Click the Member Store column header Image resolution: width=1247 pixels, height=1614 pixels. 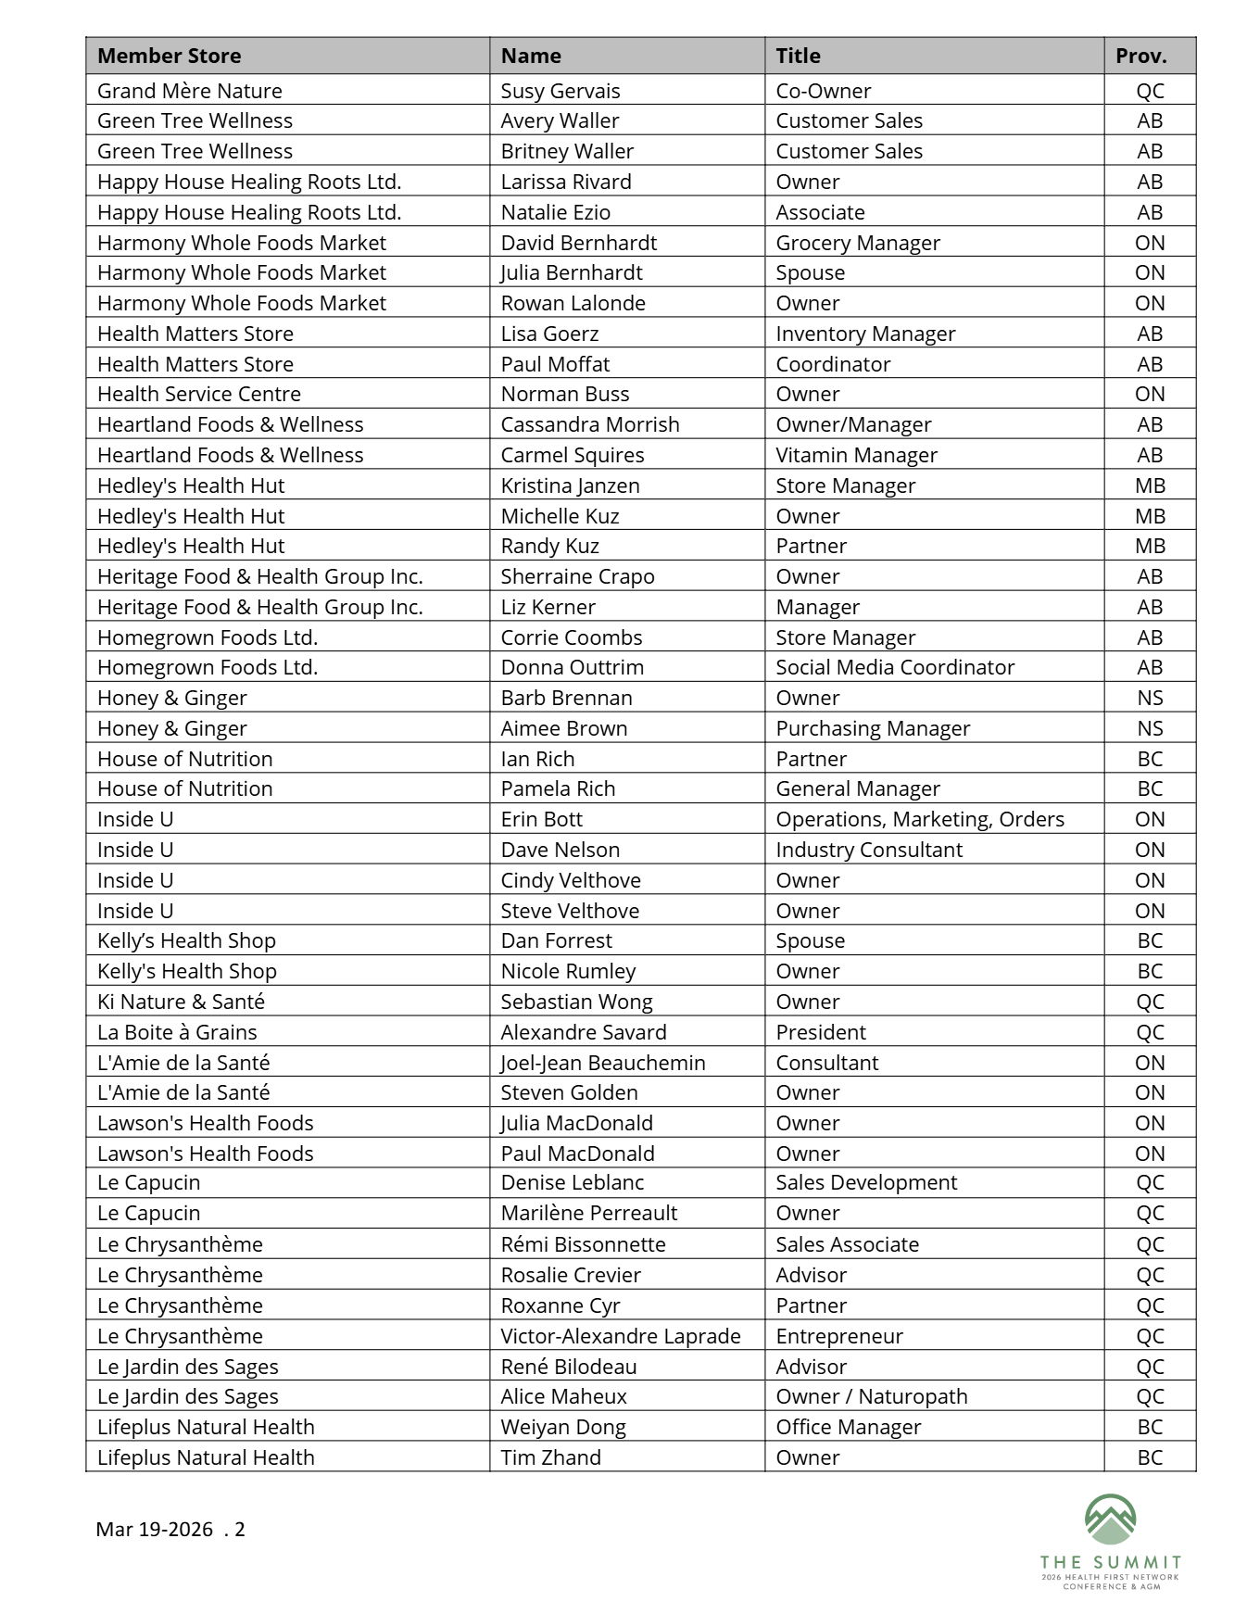click(x=170, y=56)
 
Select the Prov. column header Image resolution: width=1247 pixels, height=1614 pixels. click(x=1140, y=56)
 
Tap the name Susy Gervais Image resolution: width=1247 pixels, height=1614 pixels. click(x=560, y=91)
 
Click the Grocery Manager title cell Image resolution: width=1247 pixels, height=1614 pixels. click(x=857, y=243)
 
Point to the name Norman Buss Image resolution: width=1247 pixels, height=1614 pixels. click(x=564, y=394)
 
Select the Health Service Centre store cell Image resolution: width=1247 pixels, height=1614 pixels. click(x=199, y=394)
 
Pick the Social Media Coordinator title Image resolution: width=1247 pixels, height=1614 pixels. click(x=894, y=667)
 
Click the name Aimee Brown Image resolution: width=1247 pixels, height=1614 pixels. click(x=563, y=728)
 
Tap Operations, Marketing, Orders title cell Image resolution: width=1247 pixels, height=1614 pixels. click(x=919, y=819)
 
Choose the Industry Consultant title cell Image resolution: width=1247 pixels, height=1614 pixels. click(x=868, y=850)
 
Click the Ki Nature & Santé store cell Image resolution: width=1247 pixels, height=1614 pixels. click(x=181, y=1002)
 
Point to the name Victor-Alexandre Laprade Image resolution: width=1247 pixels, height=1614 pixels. click(x=620, y=1336)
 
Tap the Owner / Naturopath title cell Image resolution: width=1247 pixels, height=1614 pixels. click(x=871, y=1396)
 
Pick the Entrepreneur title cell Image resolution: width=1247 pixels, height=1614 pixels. click(x=838, y=1336)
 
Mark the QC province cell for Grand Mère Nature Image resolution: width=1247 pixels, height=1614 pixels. click(x=1149, y=91)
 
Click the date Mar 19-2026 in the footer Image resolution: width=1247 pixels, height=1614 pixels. click(x=154, y=1529)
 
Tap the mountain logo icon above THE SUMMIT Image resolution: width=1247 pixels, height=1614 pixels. click(x=1110, y=1519)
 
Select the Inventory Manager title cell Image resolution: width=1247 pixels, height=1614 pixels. click(x=864, y=334)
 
